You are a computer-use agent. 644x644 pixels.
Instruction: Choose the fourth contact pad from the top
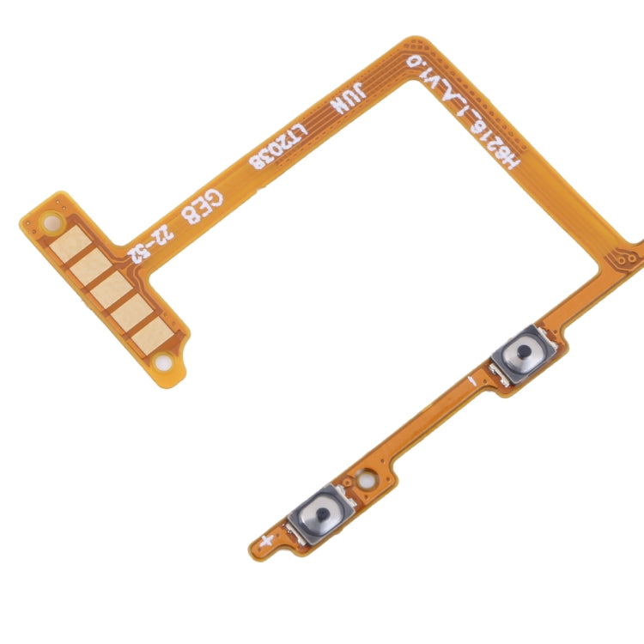127,307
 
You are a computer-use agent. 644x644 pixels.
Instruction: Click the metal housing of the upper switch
521,352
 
